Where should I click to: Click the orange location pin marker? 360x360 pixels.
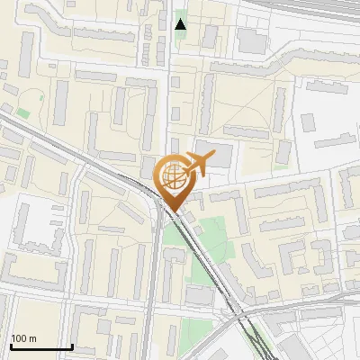[x=175, y=180]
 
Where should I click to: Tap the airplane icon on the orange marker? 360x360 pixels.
[x=195, y=165]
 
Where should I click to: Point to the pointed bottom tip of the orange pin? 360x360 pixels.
[x=175, y=212]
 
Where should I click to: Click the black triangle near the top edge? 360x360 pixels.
[x=181, y=24]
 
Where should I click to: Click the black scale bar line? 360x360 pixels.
[x=41, y=346]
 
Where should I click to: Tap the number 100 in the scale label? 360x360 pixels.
[x=19, y=338]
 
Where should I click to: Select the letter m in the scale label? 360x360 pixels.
[x=32, y=338]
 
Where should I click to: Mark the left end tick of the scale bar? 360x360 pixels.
[x=11, y=346]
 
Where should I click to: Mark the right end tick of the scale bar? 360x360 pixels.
[x=72, y=346]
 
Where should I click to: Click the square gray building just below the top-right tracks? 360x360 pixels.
[x=252, y=41]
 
